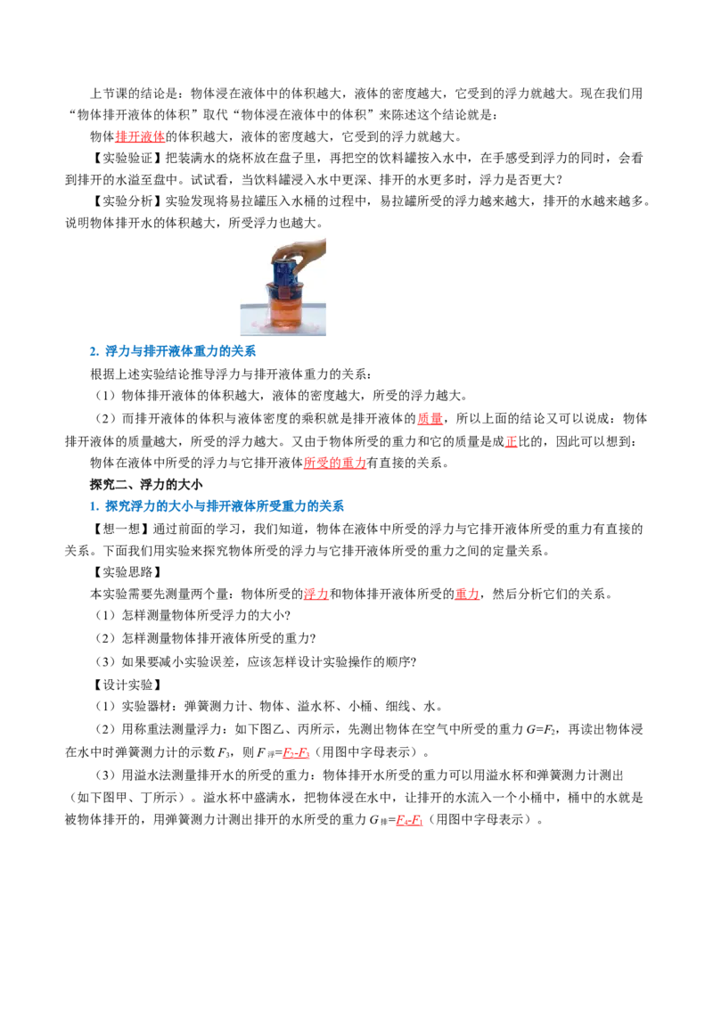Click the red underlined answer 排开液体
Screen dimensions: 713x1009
[x=140, y=136]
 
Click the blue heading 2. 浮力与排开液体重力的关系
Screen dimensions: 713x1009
[x=173, y=351]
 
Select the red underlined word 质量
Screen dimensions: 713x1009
[x=430, y=419]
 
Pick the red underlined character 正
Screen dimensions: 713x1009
[x=511, y=441]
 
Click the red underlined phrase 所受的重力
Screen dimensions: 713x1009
[x=335, y=463]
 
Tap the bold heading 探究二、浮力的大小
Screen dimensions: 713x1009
[x=146, y=485]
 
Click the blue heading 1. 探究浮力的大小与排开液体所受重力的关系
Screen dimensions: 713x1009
[x=217, y=506]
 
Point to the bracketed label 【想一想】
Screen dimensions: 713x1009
[x=121, y=529]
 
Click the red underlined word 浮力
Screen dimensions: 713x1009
[x=316, y=594]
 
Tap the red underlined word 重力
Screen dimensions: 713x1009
[x=467, y=594]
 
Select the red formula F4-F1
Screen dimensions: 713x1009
[x=409, y=820]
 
